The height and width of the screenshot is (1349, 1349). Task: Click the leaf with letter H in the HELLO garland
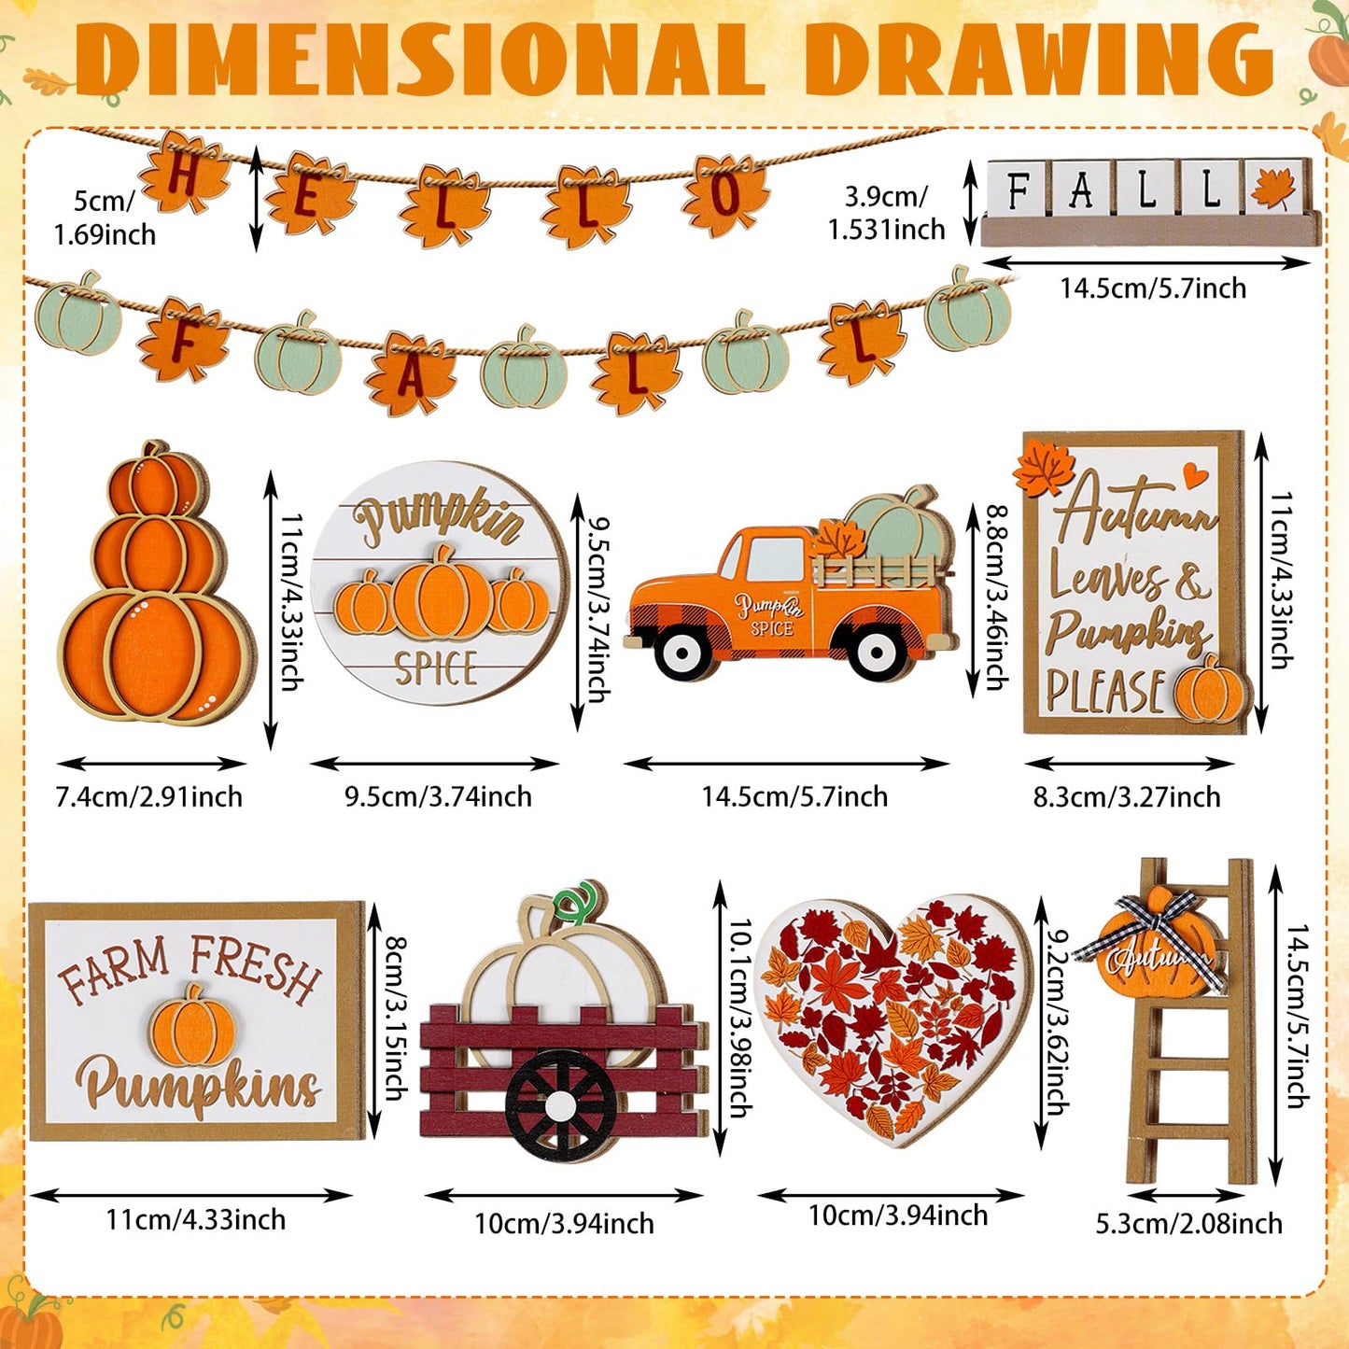(185, 175)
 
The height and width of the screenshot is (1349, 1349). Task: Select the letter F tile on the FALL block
(1017, 190)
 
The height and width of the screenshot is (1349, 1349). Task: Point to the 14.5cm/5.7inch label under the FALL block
(1152, 288)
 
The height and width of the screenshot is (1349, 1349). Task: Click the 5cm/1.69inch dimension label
(105, 218)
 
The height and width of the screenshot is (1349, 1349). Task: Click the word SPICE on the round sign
(436, 668)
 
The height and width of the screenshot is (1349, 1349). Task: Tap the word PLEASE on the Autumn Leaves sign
(1105, 692)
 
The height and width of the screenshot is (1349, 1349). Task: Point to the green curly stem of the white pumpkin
(575, 901)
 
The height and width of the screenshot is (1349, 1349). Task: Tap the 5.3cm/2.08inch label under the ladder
(1188, 1224)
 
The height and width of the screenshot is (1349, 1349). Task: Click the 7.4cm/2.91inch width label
(149, 797)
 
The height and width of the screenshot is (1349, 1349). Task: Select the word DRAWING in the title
(1040, 60)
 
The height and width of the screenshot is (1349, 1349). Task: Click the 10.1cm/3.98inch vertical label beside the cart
(739, 1018)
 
